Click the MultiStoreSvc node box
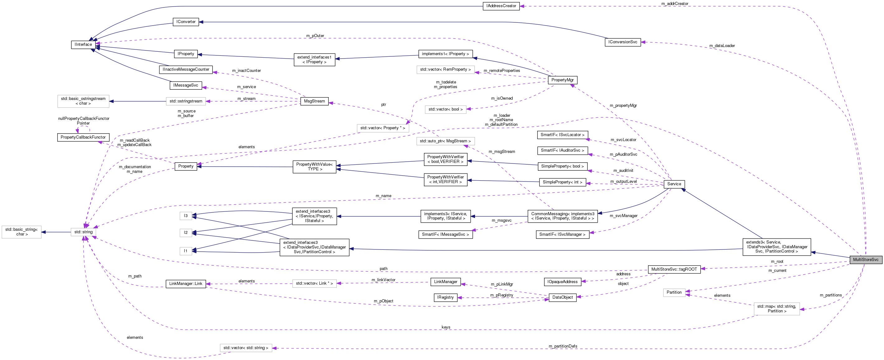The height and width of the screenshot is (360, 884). coord(865,259)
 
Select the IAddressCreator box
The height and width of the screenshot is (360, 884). coord(501,6)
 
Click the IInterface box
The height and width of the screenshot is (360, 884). coord(83,45)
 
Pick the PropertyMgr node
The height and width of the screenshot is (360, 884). coord(562,80)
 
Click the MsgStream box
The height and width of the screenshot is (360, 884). coord(314,101)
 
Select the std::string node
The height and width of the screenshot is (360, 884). coord(83,232)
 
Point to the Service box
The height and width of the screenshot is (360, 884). coord(674,184)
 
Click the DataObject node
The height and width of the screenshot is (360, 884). coord(562,297)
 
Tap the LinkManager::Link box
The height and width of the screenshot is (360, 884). coord(186,283)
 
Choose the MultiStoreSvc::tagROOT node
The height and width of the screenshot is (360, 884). coord(674,269)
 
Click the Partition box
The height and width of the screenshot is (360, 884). coord(674,292)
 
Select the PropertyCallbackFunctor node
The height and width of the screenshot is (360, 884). coord(83,137)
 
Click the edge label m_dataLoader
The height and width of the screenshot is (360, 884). coord(722,46)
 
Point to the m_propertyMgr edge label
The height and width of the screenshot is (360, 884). coord(623,105)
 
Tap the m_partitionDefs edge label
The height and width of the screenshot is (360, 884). coord(562,346)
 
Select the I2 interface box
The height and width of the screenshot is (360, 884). coord(185,233)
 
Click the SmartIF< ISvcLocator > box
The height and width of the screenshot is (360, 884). coord(562,135)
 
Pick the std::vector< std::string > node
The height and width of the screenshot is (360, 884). coord(245,348)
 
